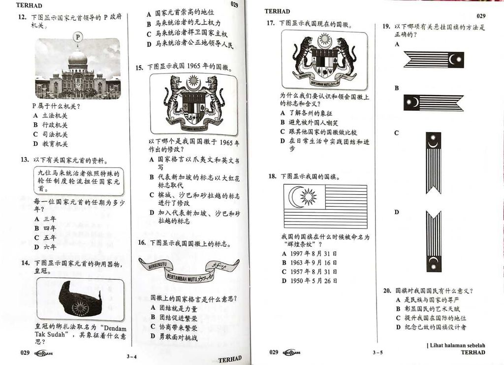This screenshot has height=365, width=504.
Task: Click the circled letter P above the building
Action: pos(77,37)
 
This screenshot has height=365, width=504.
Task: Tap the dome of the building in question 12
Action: pos(77,56)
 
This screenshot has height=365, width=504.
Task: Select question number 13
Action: pos(25,160)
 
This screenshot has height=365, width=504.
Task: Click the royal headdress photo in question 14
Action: pos(80,299)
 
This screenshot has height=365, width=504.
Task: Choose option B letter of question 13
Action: pos(36,228)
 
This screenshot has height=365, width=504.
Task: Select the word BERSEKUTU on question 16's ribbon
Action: pos(158,265)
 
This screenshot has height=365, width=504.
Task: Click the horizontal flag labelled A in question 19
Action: pos(434,60)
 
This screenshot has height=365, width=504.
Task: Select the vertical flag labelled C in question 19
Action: pos(433,163)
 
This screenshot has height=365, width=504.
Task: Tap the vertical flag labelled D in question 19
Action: pos(434,241)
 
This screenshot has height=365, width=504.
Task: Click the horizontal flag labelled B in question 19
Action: pos(434,102)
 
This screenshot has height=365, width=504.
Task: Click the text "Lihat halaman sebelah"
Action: pos(457,345)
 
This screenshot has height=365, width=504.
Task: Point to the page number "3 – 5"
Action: pos(378,352)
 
